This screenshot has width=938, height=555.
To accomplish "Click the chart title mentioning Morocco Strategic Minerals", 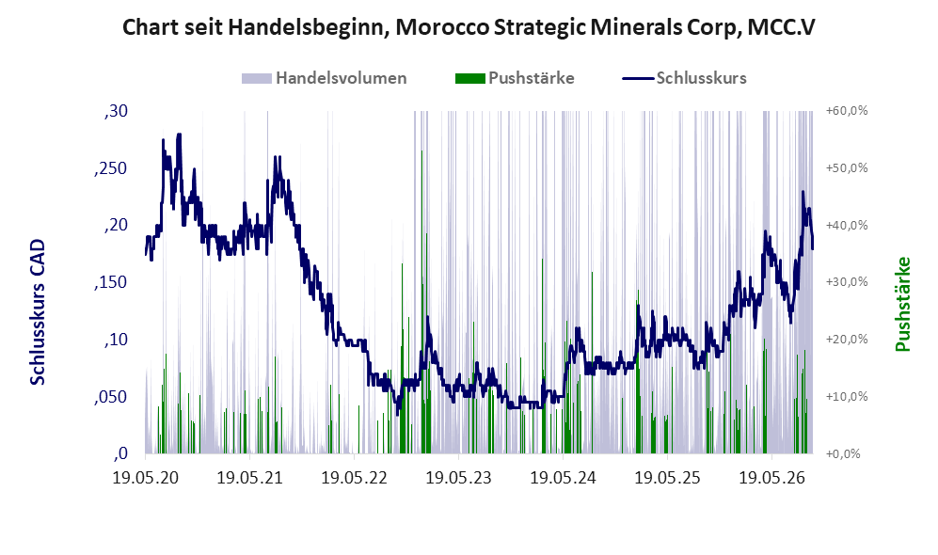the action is (469, 27).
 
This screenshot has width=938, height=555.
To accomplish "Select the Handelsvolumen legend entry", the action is (325, 78).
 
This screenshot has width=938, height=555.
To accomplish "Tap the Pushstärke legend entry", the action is (515, 78).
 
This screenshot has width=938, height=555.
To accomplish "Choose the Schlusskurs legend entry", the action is (684, 78).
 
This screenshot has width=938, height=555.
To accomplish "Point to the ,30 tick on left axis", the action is (116, 111).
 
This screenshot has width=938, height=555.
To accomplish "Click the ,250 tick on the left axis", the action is (111, 168).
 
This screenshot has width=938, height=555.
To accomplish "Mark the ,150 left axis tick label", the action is (111, 283).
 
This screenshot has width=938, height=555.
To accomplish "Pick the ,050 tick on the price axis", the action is (111, 397).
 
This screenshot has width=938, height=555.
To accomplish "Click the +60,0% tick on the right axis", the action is (847, 111).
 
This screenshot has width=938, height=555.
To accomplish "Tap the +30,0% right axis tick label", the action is (847, 281).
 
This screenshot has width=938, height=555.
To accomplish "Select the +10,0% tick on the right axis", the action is (847, 397).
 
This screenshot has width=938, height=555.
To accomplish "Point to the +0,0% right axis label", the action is (844, 454).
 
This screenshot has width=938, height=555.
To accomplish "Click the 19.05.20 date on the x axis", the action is (146, 478).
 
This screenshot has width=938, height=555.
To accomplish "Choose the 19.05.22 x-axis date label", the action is (354, 478).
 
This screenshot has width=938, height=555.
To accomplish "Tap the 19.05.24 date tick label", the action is (563, 478).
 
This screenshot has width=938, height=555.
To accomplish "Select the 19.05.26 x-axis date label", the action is (771, 478).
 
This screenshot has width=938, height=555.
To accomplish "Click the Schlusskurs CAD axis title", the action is (38, 312).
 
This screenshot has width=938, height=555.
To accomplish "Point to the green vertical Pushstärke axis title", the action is (903, 305).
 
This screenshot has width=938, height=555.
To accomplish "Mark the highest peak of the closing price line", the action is (178, 135).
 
